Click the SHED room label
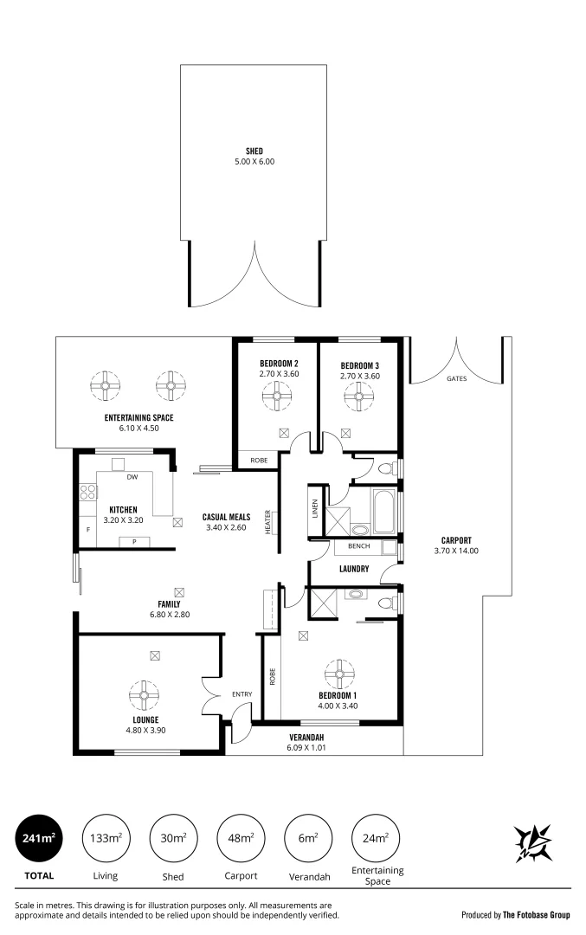[254, 152]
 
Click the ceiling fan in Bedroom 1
[338, 672]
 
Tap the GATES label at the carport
[456, 379]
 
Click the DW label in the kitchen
[132, 477]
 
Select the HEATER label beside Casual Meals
[268, 521]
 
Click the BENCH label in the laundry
[358, 547]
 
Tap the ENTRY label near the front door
[242, 694]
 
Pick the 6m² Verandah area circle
[307, 838]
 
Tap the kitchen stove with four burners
[87, 493]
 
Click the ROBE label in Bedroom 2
[258, 460]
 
